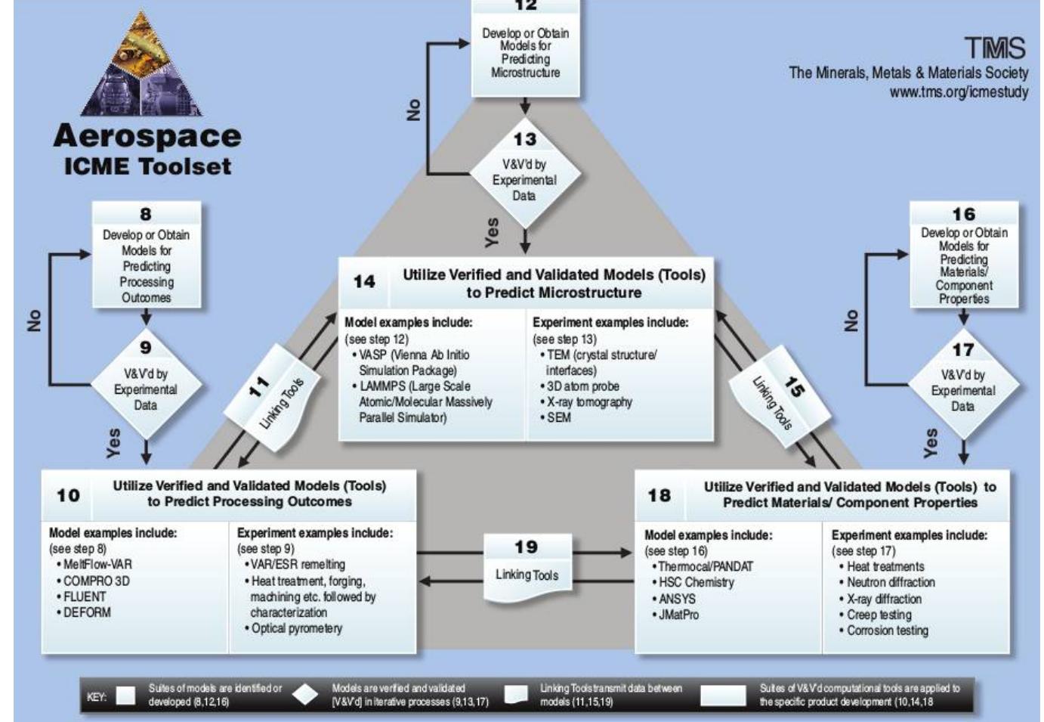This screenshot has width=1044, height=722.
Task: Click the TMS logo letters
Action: point(995,48)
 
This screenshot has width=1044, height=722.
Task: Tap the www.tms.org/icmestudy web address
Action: point(959,92)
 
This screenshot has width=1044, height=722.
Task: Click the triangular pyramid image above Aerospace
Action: point(142,63)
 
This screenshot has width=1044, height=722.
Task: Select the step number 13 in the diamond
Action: point(525,139)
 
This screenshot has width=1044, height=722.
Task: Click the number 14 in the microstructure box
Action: point(364,282)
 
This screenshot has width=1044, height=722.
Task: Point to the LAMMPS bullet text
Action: point(422,401)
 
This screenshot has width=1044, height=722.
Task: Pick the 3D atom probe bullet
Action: point(580,386)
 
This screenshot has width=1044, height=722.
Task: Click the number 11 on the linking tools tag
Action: point(259,386)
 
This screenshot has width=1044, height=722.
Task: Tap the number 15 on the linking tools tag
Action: point(795,386)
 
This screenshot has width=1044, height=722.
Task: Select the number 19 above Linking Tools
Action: point(527,547)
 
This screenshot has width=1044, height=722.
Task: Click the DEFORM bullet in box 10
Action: point(84,612)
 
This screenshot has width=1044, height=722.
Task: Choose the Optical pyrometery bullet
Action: point(294,629)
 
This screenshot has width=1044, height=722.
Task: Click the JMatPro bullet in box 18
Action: point(675,615)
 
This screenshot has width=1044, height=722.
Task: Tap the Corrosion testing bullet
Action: point(884,631)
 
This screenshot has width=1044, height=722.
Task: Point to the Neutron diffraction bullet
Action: point(887,583)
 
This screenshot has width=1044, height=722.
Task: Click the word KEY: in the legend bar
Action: point(97,697)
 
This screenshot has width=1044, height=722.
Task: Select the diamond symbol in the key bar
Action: point(305,695)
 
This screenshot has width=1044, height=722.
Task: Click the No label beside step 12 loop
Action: point(413,110)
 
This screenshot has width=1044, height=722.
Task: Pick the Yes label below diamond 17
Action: point(930,443)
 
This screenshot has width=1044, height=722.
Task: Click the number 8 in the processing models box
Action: point(145,214)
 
